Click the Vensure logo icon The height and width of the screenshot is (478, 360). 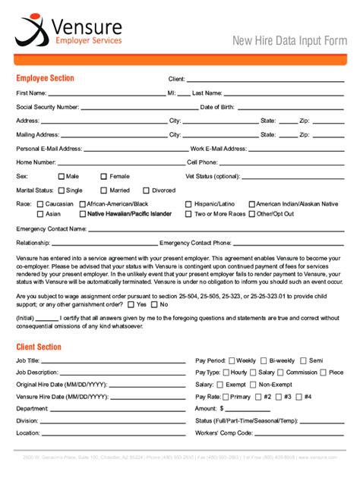31,30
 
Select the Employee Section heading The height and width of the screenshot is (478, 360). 45,78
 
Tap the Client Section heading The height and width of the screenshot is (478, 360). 39,347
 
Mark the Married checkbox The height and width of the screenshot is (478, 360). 103,190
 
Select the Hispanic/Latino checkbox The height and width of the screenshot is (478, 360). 188,204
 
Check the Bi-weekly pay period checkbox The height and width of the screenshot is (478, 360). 264,360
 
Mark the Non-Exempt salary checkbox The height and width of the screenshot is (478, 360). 253,385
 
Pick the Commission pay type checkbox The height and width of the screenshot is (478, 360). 281,373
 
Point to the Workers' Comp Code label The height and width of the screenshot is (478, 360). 224,432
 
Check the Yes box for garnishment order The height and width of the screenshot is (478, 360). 131,304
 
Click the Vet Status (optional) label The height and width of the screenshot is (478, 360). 213,176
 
